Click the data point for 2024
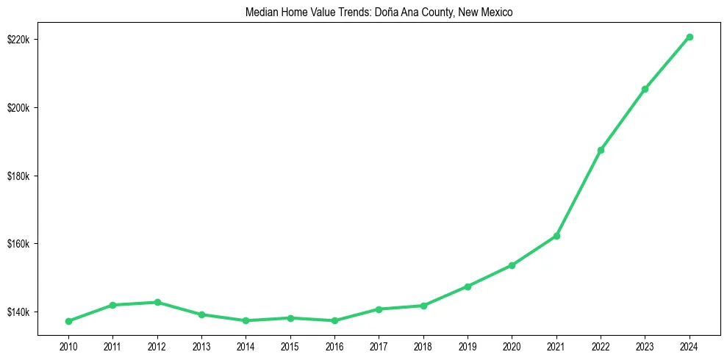(690, 37)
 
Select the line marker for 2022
(601, 150)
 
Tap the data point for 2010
(68, 321)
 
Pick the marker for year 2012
(157, 302)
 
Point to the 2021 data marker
(556, 236)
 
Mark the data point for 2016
(334, 320)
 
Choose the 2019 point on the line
(468, 287)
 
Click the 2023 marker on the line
(645, 89)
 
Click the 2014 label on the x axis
(246, 345)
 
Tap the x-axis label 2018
(423, 345)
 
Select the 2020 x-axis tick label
(512, 345)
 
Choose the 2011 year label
(112, 345)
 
